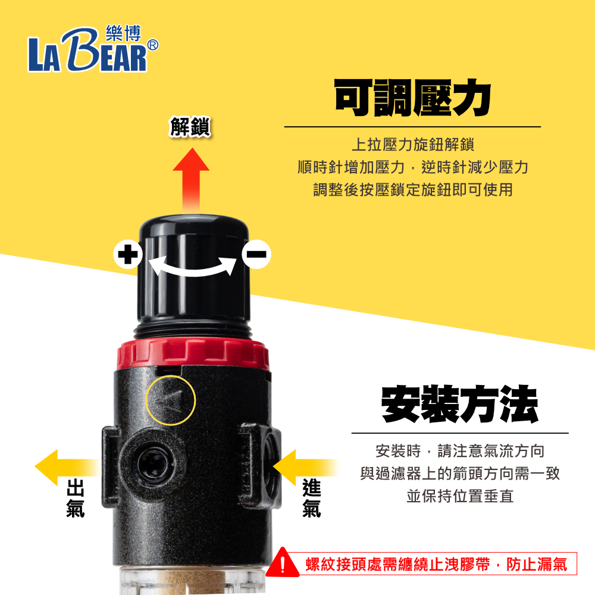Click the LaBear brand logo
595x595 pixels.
click(93, 49)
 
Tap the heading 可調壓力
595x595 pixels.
click(412, 98)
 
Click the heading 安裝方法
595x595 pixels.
click(459, 404)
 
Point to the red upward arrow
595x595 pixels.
click(191, 180)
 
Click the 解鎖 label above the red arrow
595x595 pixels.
click(190, 126)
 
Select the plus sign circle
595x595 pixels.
click(128, 254)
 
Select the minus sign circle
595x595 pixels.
click(256, 254)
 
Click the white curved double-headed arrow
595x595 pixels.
click(192, 270)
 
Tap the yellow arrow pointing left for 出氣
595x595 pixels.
click(67, 468)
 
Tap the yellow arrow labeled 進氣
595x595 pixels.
click(305, 468)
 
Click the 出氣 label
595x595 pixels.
click(75, 498)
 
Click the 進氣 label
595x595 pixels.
click(312, 498)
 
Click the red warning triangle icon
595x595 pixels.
click(283, 563)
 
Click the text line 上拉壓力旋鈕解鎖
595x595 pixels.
click(413, 145)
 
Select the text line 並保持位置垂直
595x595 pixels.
click(460, 496)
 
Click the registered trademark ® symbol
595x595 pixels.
click(152, 45)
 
